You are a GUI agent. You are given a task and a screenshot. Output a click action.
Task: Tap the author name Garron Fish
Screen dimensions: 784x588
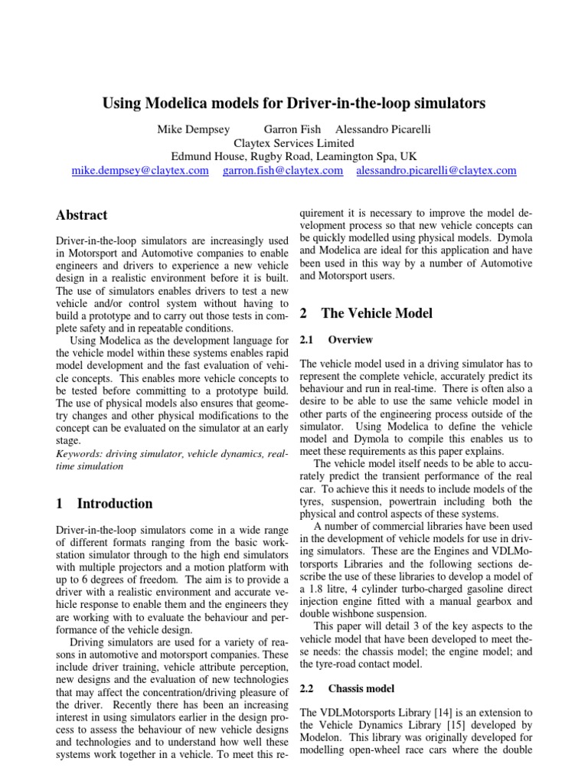292,129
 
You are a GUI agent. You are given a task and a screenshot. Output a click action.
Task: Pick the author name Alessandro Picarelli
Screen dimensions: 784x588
384,129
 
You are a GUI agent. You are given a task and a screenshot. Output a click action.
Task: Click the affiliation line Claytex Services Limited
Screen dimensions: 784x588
293,142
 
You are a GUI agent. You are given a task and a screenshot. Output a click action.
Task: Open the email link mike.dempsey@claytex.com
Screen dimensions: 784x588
140,170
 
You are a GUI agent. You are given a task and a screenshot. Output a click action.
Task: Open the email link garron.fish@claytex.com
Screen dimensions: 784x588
283,170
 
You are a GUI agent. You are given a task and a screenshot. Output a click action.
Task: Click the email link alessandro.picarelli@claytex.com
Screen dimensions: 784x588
436,170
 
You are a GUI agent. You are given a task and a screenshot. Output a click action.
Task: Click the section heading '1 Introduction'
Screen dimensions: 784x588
105,503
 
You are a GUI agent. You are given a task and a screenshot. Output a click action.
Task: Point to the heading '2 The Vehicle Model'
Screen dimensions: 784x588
366,312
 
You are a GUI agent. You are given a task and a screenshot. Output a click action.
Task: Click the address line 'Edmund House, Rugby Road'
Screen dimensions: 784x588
293,156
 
